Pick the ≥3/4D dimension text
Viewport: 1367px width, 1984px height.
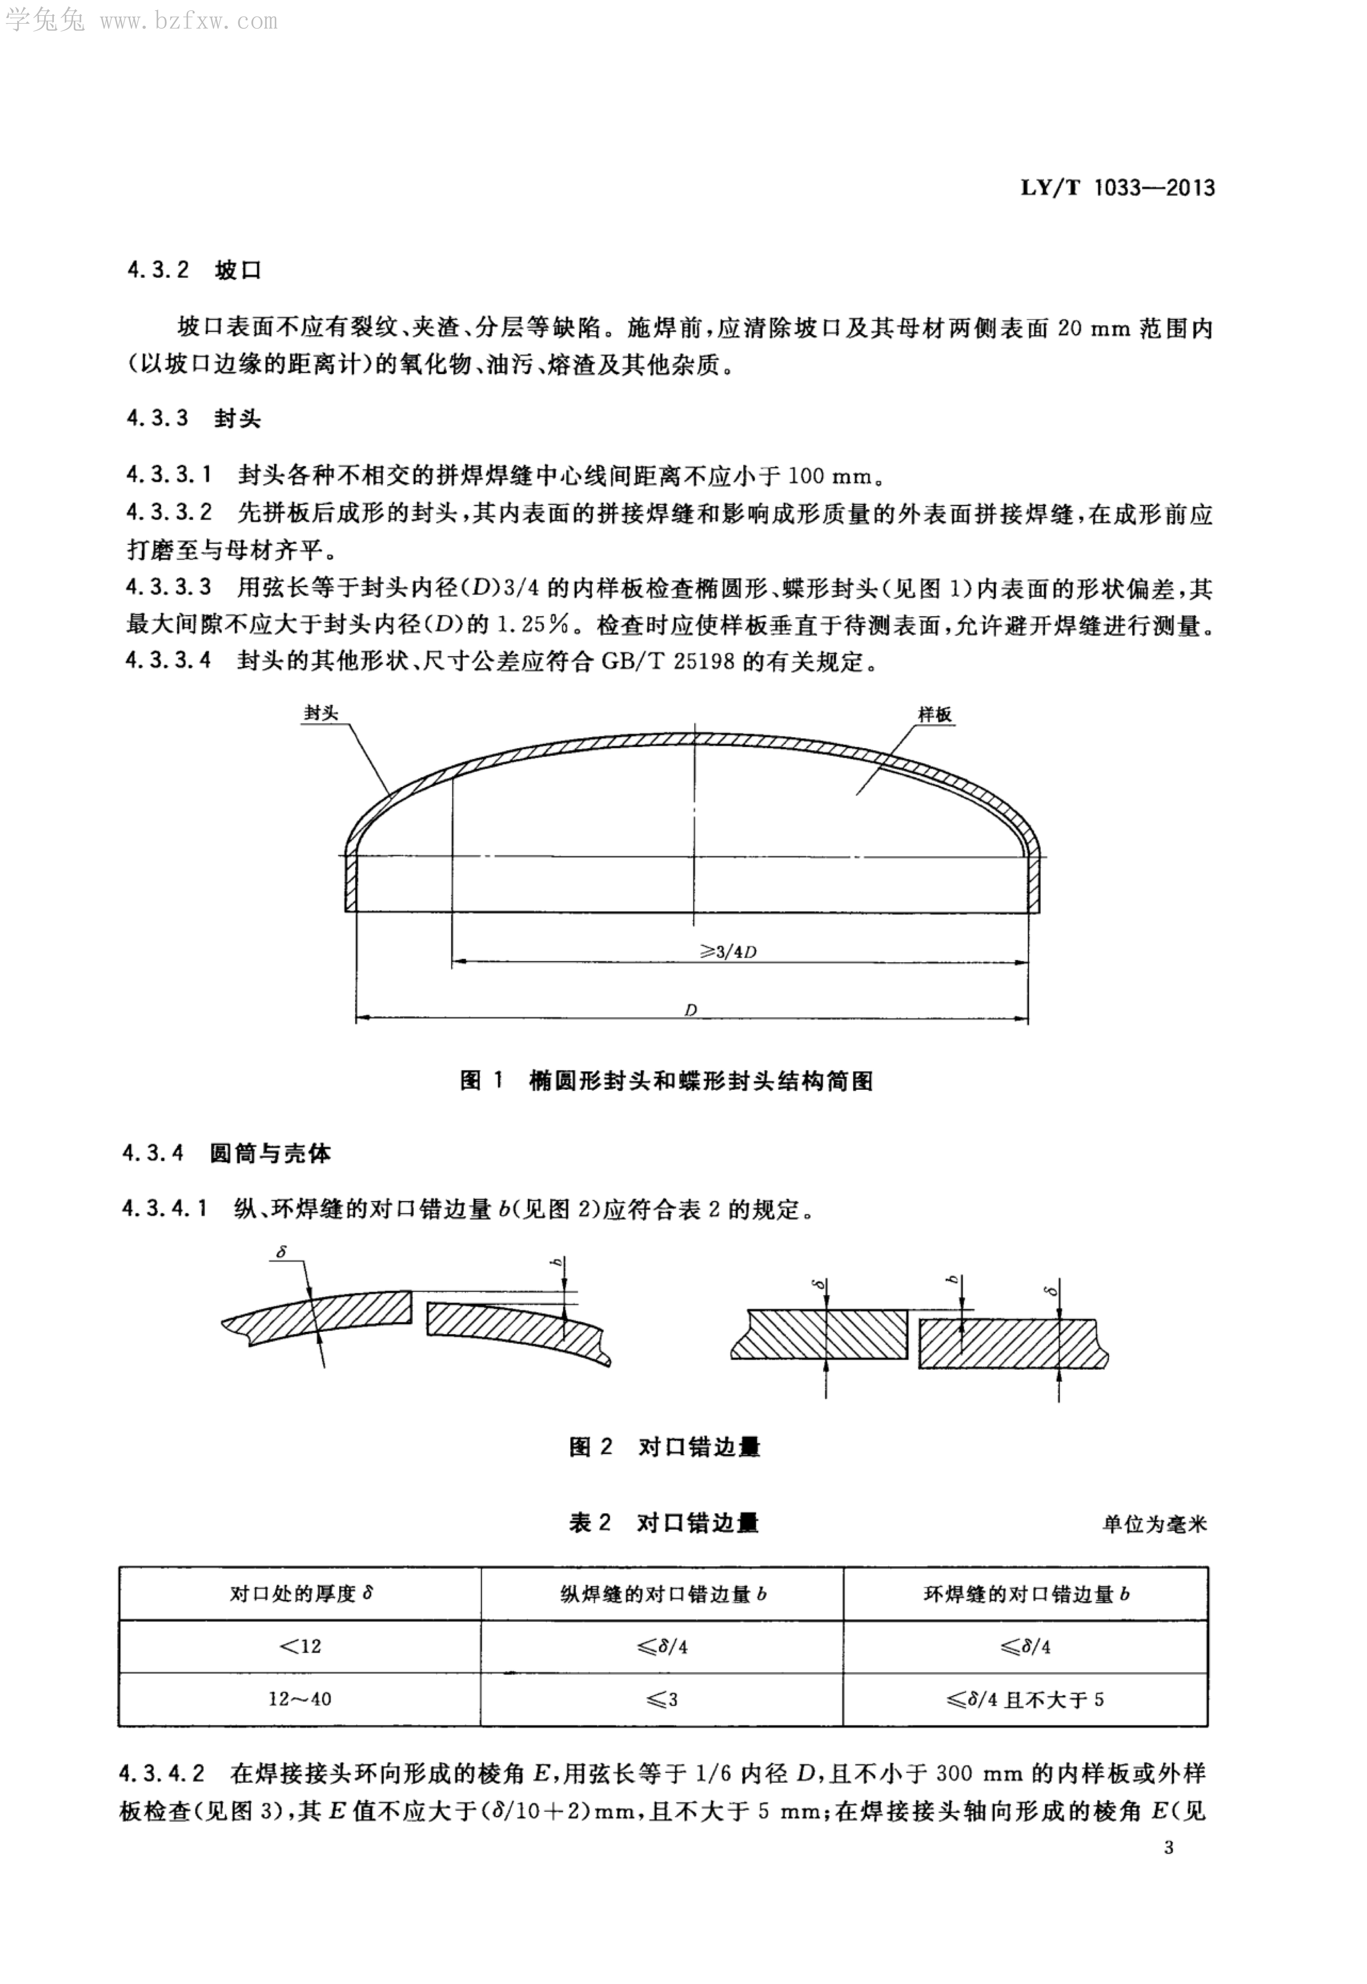click(x=728, y=951)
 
